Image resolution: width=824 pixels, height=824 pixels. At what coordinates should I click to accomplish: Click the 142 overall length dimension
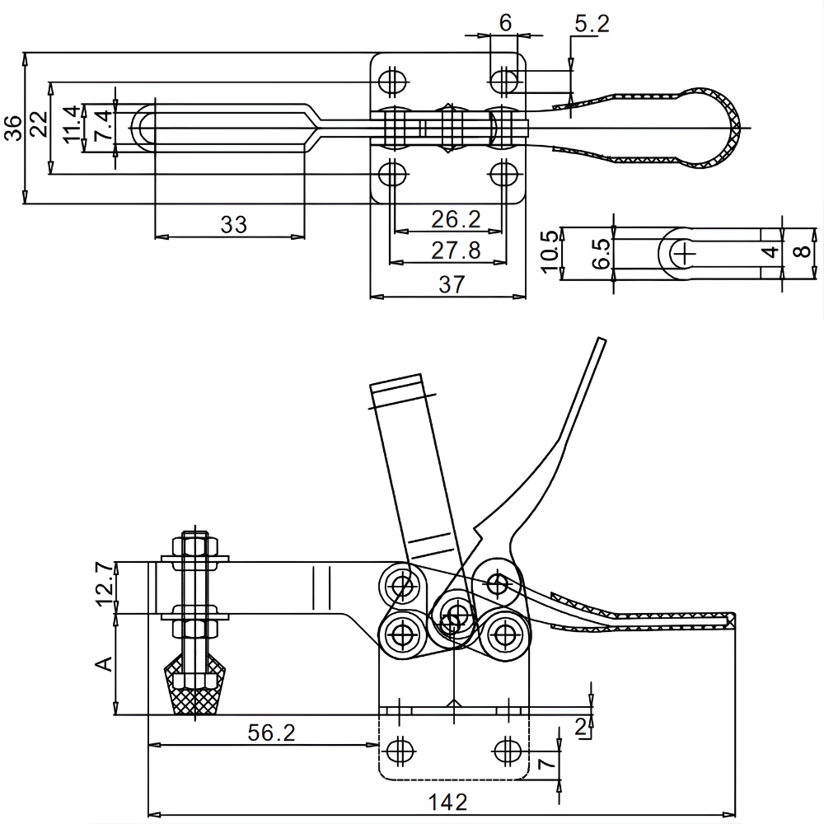(448, 801)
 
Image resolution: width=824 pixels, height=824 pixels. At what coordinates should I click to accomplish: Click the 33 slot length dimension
(234, 224)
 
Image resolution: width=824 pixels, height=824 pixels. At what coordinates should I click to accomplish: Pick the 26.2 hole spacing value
(456, 219)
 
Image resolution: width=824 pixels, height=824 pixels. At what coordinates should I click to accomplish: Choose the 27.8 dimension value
(456, 249)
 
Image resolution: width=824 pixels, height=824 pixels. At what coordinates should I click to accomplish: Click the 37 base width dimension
(452, 283)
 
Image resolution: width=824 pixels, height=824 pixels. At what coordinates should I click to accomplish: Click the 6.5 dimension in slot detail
(601, 253)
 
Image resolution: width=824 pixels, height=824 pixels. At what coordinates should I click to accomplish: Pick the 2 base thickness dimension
(582, 726)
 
